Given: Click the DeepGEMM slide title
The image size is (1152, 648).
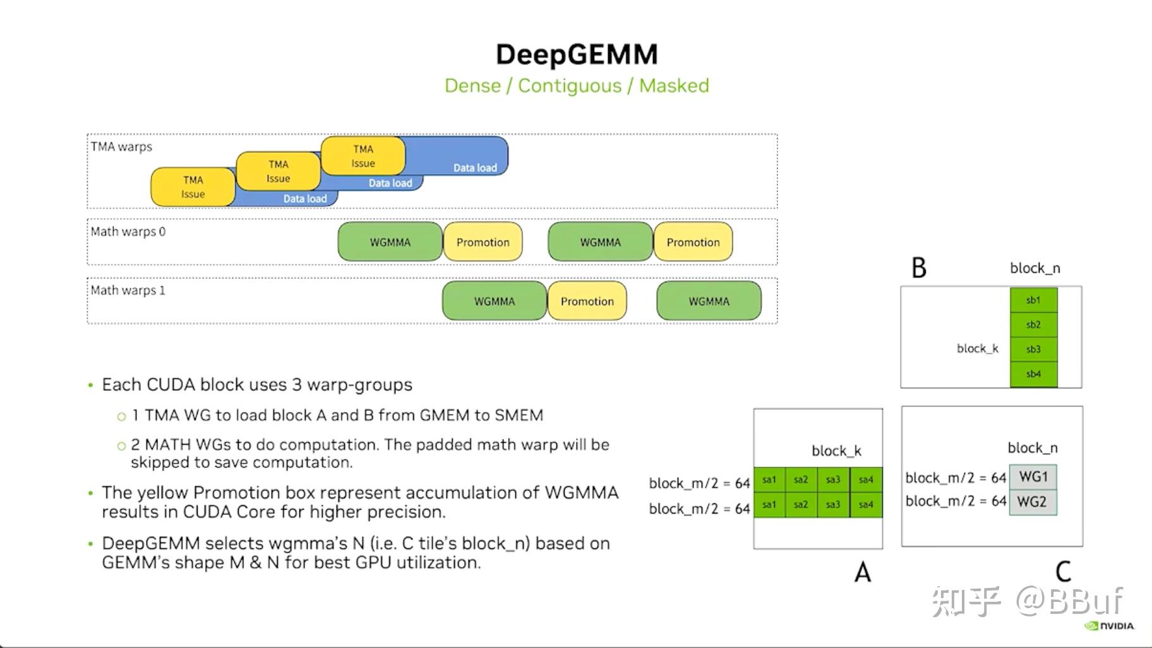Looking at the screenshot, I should tap(576, 54).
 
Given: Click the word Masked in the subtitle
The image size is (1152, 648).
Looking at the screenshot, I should tap(674, 85).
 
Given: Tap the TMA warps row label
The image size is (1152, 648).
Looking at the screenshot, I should tap(121, 147).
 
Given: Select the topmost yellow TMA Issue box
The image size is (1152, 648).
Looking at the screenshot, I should tap(363, 156).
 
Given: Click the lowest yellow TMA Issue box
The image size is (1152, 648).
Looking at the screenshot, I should tap(193, 187).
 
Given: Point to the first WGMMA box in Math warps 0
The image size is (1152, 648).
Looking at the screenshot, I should tap(390, 242).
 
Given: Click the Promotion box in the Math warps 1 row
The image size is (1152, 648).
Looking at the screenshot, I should tap(587, 301).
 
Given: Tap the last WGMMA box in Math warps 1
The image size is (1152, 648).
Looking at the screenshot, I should tap(709, 301).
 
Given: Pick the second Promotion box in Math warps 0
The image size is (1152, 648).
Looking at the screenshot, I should tap(693, 242).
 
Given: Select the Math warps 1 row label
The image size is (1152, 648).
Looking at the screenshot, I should tap(128, 291).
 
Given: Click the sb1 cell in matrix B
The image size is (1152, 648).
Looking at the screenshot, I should tap(1033, 300).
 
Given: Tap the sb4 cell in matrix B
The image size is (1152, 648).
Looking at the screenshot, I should tap(1033, 374).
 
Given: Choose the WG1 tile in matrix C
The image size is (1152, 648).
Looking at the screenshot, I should tap(1033, 477).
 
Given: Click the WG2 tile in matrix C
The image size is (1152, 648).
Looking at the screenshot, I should tap(1033, 502).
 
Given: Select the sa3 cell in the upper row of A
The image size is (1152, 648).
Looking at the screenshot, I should tap(833, 479).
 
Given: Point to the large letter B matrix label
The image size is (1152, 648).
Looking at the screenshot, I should tap(918, 268).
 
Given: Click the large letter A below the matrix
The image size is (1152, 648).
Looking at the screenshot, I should tap(862, 572).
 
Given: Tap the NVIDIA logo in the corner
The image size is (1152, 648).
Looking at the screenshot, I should tap(1110, 626).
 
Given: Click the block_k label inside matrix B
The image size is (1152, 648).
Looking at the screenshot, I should tap(977, 349).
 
